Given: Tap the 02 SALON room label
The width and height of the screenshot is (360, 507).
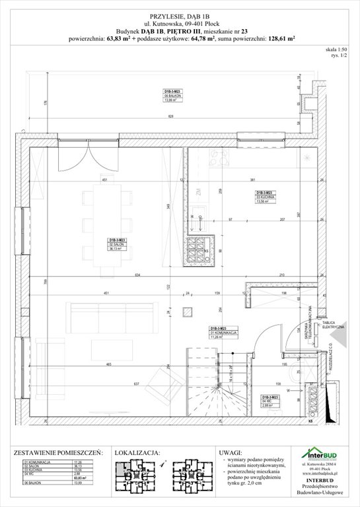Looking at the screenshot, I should point(118,245).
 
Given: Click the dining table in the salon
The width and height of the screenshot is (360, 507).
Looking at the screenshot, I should point(106,224).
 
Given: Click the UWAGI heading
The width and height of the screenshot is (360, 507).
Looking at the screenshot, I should point(221,454).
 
